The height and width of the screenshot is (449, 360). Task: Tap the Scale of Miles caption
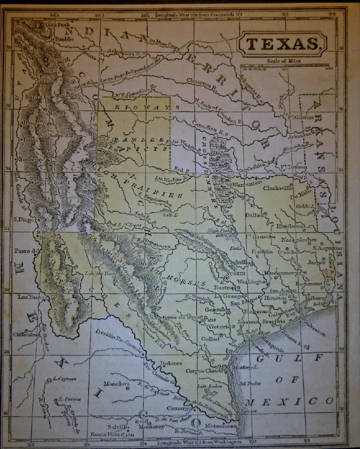pos(284,61)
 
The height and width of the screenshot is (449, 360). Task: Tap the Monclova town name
pos(116,384)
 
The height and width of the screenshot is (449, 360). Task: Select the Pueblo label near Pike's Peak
pos(63,39)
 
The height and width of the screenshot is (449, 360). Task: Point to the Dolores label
pos(171,362)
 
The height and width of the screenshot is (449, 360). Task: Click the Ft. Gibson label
pos(302,117)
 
